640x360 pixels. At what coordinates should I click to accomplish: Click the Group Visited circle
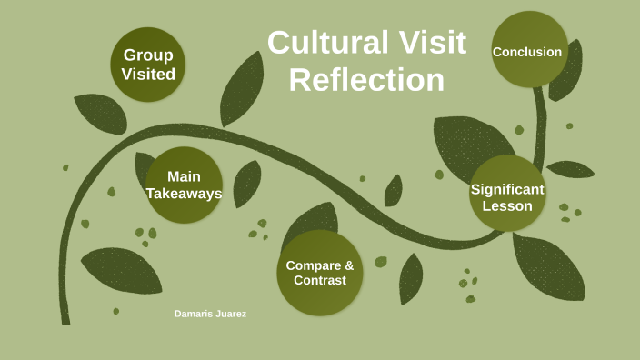(148, 65)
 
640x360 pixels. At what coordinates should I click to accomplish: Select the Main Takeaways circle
(184, 185)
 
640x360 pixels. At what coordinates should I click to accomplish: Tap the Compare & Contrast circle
(320, 273)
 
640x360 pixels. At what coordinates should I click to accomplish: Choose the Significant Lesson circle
(507, 193)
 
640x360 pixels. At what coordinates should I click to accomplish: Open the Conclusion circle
(529, 49)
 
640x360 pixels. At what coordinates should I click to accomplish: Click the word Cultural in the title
(328, 42)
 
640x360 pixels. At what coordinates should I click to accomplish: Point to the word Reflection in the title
(366, 80)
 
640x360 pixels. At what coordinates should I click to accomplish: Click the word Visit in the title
(432, 42)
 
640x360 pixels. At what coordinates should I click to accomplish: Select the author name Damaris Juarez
(210, 314)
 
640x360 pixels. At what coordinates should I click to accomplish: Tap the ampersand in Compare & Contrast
(349, 265)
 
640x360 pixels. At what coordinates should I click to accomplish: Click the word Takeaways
(184, 194)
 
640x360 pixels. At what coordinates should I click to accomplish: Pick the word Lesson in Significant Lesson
(507, 205)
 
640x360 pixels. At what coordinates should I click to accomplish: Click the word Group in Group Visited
(148, 55)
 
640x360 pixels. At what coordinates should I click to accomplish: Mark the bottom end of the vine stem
(65, 324)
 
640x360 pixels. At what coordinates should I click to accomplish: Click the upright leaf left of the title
(242, 89)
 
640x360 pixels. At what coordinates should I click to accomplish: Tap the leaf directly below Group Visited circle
(101, 114)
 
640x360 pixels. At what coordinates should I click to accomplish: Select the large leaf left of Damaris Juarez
(122, 270)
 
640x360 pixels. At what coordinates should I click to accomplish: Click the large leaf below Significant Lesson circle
(549, 267)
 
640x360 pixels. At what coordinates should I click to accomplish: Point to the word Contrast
(320, 280)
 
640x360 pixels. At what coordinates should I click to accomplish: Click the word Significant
(507, 189)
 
